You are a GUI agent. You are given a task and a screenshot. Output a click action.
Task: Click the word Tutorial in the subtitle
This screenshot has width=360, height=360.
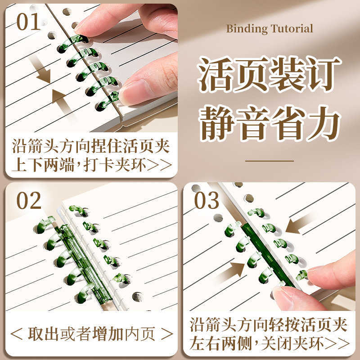pos(292,29)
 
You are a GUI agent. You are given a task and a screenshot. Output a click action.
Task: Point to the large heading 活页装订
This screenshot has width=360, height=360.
pos(270,74)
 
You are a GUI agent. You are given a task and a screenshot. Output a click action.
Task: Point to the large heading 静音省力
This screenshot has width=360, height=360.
pos(270,121)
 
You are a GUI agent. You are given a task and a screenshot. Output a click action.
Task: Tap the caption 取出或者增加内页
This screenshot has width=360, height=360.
pos(91,333)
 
